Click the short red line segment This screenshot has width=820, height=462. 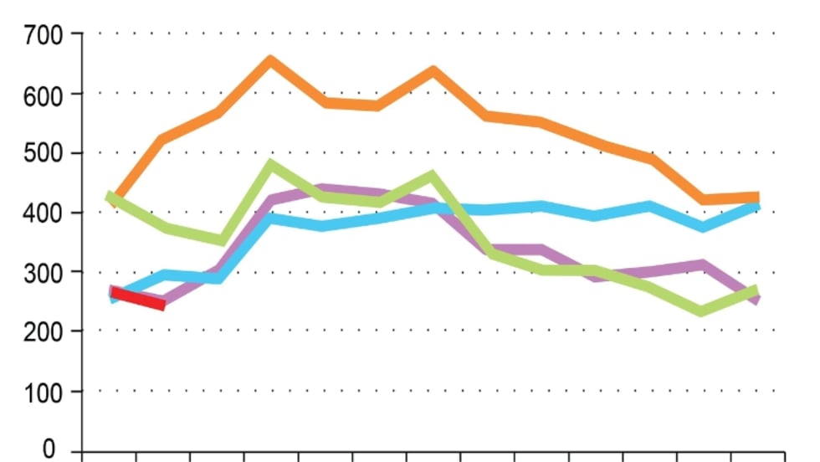point(138,298)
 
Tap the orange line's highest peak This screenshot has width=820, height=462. point(270,60)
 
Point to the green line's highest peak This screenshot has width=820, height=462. point(270,165)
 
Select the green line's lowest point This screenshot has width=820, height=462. point(702,311)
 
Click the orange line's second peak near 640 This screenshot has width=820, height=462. point(433,71)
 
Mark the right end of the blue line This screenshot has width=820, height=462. point(756,204)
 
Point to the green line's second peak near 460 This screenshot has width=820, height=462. point(432,176)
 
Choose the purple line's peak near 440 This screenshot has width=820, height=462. point(325,190)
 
